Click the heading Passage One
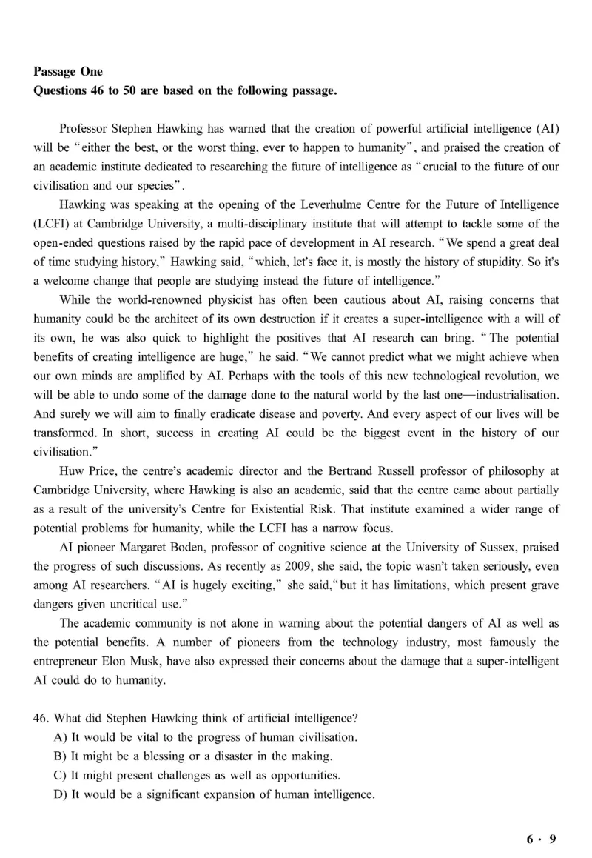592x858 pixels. point(68,72)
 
